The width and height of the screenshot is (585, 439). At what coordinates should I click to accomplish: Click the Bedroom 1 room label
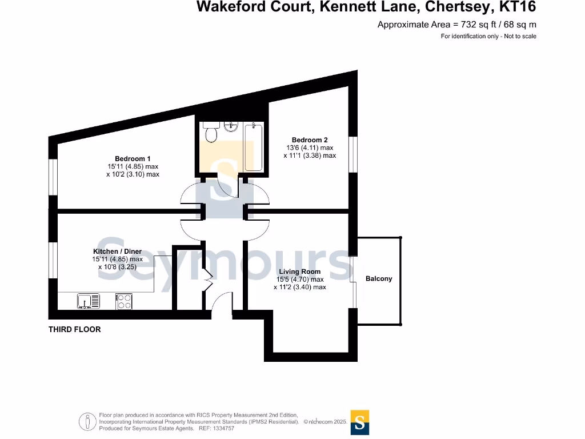133,158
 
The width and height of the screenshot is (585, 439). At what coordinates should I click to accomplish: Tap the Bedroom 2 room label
310,139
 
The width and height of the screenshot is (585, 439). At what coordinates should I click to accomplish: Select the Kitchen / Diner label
117,252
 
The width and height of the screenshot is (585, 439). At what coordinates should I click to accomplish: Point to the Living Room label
300,272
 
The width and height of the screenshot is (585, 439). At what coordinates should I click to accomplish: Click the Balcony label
379,278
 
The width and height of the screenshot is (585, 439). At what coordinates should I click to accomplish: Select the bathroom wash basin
231,126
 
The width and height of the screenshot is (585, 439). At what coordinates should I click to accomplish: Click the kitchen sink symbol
88,301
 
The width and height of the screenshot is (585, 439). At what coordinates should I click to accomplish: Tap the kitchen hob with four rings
124,301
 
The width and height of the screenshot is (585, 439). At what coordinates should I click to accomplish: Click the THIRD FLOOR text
74,329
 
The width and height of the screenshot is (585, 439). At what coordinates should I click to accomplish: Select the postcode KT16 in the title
518,7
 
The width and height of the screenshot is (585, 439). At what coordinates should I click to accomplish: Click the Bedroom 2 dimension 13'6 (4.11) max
310,147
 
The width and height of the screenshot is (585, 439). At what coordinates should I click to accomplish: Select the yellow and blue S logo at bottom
360,422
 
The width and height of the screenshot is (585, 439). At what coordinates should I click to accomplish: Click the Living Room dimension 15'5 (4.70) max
300,280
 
